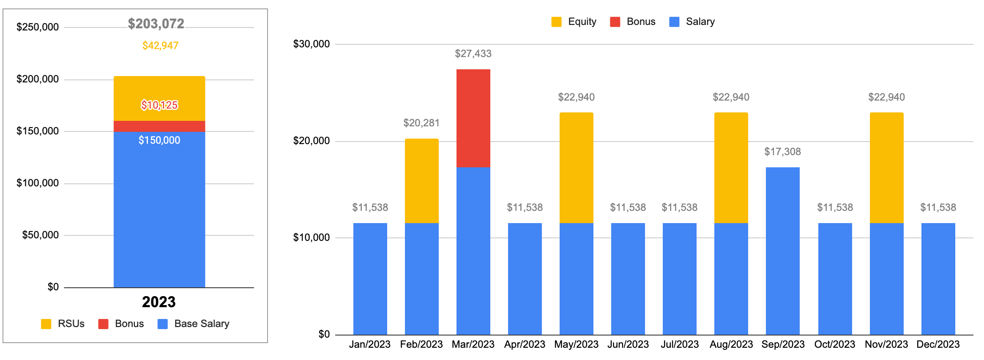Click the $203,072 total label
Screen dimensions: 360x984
click(156, 24)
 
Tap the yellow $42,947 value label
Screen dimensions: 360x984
click(160, 46)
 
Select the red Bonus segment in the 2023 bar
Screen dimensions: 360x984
click(159, 126)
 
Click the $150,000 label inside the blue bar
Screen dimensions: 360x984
click(159, 140)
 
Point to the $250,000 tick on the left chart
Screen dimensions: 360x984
click(38, 27)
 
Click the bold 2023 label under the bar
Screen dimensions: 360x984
click(159, 302)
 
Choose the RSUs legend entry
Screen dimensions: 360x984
click(63, 324)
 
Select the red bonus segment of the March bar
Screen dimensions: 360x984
click(473, 118)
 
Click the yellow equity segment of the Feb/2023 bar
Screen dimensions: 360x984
click(421, 180)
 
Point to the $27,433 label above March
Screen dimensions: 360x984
click(473, 54)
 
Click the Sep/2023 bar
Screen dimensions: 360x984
click(782, 251)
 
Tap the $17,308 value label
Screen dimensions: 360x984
click(782, 152)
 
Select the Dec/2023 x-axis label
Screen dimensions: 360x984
click(938, 344)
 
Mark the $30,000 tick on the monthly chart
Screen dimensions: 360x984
click(312, 44)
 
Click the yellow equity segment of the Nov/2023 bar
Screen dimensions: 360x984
click(886, 167)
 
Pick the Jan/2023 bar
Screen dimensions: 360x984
click(370, 279)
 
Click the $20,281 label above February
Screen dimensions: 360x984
click(421, 123)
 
